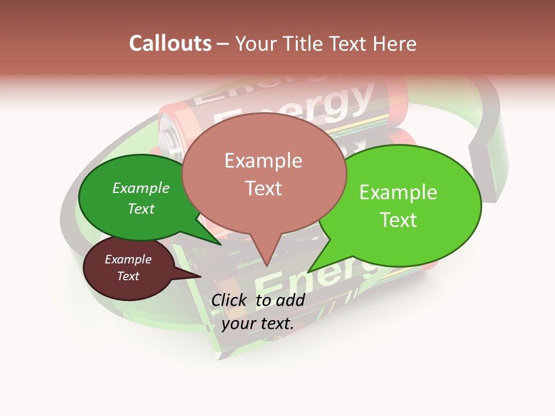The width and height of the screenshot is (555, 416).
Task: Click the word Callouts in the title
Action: click(x=170, y=43)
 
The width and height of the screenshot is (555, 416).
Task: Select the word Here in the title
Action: click(x=394, y=43)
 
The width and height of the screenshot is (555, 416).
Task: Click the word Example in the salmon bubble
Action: click(x=263, y=161)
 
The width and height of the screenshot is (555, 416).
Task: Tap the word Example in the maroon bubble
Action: click(x=128, y=259)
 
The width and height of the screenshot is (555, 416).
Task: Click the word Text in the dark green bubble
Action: click(x=141, y=209)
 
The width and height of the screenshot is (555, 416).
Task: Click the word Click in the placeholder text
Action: click(x=230, y=300)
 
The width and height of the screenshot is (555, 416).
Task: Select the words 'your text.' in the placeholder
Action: click(x=258, y=324)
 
